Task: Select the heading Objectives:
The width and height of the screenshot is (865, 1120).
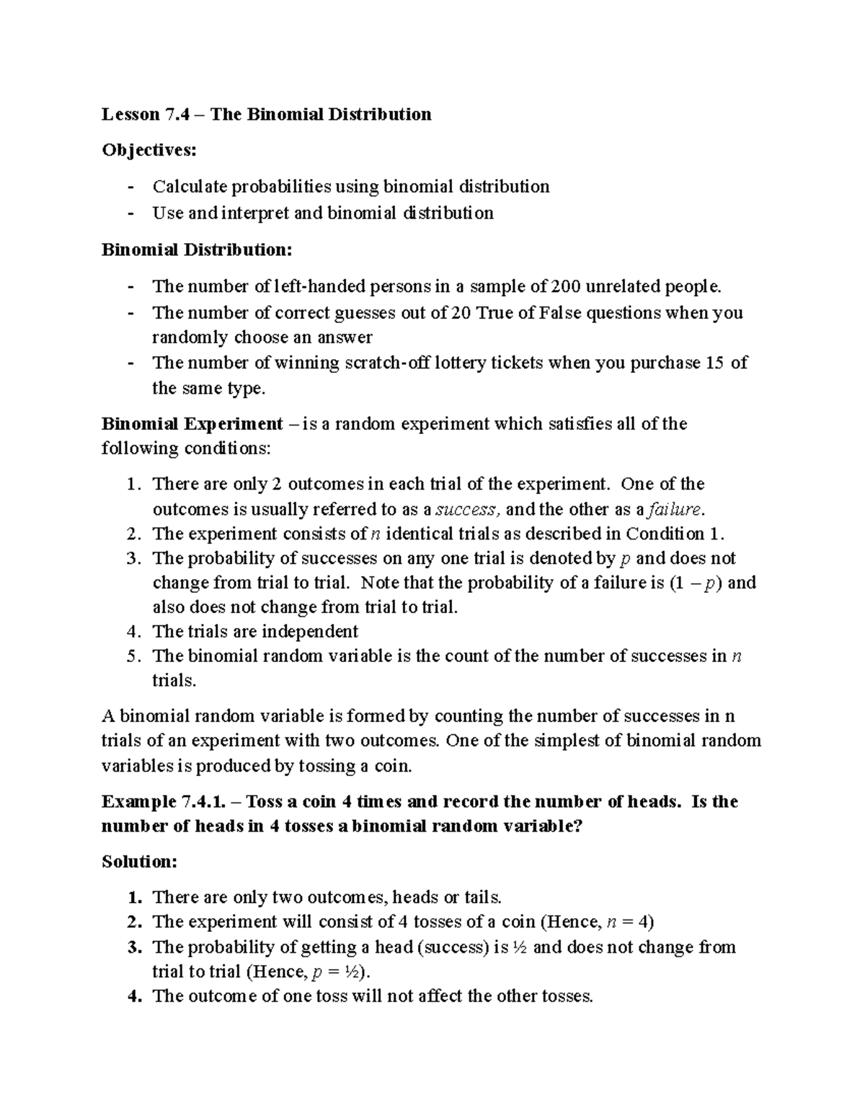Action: tap(148, 150)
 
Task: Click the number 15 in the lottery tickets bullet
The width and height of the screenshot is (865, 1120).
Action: tap(714, 363)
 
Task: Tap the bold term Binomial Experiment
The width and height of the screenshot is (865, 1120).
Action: tap(192, 423)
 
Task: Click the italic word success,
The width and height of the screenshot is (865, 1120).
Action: tap(467, 510)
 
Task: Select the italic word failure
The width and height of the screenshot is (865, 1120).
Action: tap(675, 510)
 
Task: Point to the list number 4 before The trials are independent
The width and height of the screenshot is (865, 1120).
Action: tap(131, 632)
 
